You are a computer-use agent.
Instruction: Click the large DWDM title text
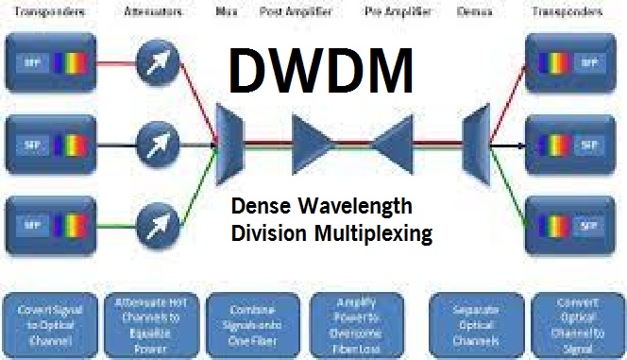click(321, 71)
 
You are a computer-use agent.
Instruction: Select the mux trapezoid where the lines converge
click(230, 145)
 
